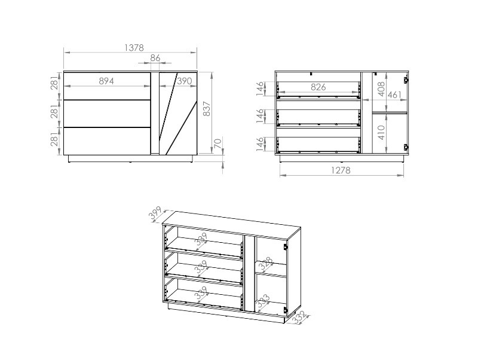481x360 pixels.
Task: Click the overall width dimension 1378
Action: (x=134, y=48)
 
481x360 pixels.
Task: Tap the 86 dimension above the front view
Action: (x=155, y=57)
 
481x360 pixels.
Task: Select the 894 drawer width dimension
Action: (x=106, y=81)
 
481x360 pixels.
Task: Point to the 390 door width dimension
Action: (x=185, y=81)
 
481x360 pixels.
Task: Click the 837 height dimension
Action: (x=207, y=109)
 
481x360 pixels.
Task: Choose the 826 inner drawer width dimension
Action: (x=318, y=87)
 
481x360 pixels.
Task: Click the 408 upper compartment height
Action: (x=381, y=89)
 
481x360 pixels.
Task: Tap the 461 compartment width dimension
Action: (x=394, y=94)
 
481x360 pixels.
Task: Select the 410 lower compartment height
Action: (x=381, y=132)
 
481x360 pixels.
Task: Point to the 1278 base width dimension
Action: (x=341, y=170)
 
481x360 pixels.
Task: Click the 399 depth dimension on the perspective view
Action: (x=155, y=213)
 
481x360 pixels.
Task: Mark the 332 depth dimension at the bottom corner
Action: (x=299, y=317)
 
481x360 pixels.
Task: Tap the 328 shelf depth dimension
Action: (x=266, y=264)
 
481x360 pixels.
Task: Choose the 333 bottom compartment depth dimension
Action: (x=263, y=301)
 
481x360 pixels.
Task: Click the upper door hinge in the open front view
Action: (x=406, y=80)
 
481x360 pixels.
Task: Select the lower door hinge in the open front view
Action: (x=406, y=147)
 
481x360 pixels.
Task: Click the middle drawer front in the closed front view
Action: (x=107, y=114)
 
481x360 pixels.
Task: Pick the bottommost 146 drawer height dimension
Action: (x=260, y=144)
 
